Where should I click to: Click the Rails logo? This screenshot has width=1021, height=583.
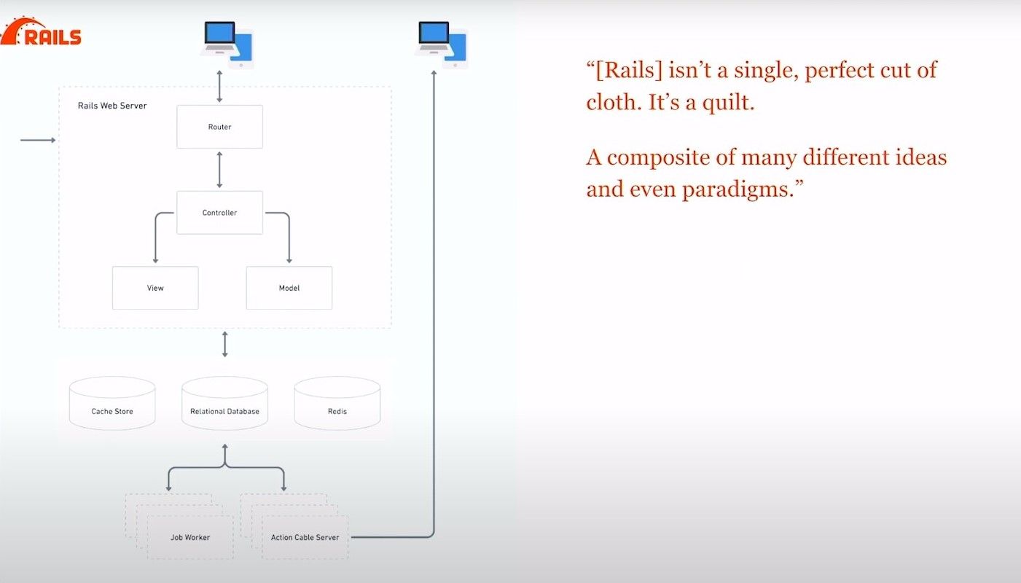(41, 31)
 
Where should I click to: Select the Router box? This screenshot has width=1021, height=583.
(219, 127)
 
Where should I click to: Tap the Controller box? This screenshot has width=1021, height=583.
(219, 212)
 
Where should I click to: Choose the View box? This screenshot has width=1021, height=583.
(155, 288)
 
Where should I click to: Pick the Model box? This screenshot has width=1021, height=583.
(289, 288)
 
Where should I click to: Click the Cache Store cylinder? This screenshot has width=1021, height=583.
(112, 403)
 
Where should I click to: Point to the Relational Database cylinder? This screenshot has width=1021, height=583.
(224, 403)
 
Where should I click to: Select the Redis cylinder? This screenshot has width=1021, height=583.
(337, 403)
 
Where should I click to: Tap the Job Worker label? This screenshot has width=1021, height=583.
(190, 537)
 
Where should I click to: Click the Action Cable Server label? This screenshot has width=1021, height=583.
(305, 537)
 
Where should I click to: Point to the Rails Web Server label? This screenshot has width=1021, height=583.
(112, 106)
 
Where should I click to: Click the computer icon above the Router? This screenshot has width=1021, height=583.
(227, 44)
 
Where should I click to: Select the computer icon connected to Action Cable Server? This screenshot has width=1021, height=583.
(441, 44)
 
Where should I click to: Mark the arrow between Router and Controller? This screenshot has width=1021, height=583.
(219, 170)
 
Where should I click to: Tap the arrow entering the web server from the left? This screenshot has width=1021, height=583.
(38, 140)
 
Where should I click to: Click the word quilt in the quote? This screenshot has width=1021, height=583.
(728, 102)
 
